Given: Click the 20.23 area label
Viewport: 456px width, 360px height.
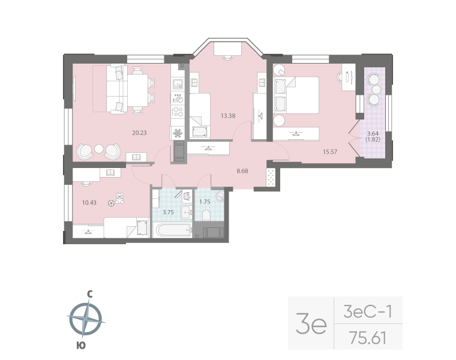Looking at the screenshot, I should pos(139,133).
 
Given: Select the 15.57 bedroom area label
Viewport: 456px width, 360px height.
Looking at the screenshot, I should pos(329,152).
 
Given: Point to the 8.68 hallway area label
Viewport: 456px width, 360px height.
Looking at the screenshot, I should pos(243,171).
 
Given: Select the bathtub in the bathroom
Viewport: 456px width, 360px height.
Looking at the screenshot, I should pos(172,230).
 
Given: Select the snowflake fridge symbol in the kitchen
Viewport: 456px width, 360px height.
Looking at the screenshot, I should pos(178,133).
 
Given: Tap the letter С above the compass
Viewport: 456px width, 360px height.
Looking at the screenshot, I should pos(89,295).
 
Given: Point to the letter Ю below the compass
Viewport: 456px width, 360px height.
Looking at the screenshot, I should pos(80,344).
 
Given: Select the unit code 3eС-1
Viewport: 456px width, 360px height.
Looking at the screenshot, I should pos(367,312).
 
